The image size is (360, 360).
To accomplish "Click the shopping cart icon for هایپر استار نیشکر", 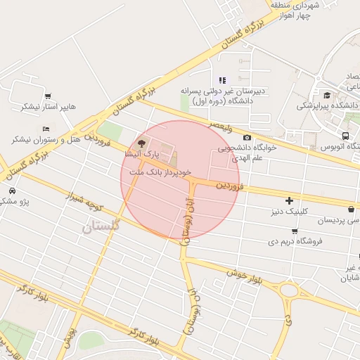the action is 48,96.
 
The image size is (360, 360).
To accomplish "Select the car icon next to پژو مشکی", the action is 13,191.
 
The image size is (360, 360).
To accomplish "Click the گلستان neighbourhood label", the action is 101,226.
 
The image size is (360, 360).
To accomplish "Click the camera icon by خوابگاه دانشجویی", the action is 247,138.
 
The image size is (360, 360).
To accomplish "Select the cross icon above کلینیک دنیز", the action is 288,200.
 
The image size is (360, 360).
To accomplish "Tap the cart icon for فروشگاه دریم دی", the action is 293,231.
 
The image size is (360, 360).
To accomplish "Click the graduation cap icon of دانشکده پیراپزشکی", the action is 327,95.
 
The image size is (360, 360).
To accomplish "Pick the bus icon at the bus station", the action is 345,136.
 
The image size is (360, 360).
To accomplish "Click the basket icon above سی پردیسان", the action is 351,210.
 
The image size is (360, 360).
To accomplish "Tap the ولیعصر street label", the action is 221,125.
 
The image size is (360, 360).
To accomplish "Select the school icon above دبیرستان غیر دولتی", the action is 223,79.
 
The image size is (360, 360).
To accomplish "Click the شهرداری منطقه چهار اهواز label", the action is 300,11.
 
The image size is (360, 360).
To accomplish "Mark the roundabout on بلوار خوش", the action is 290,290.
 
